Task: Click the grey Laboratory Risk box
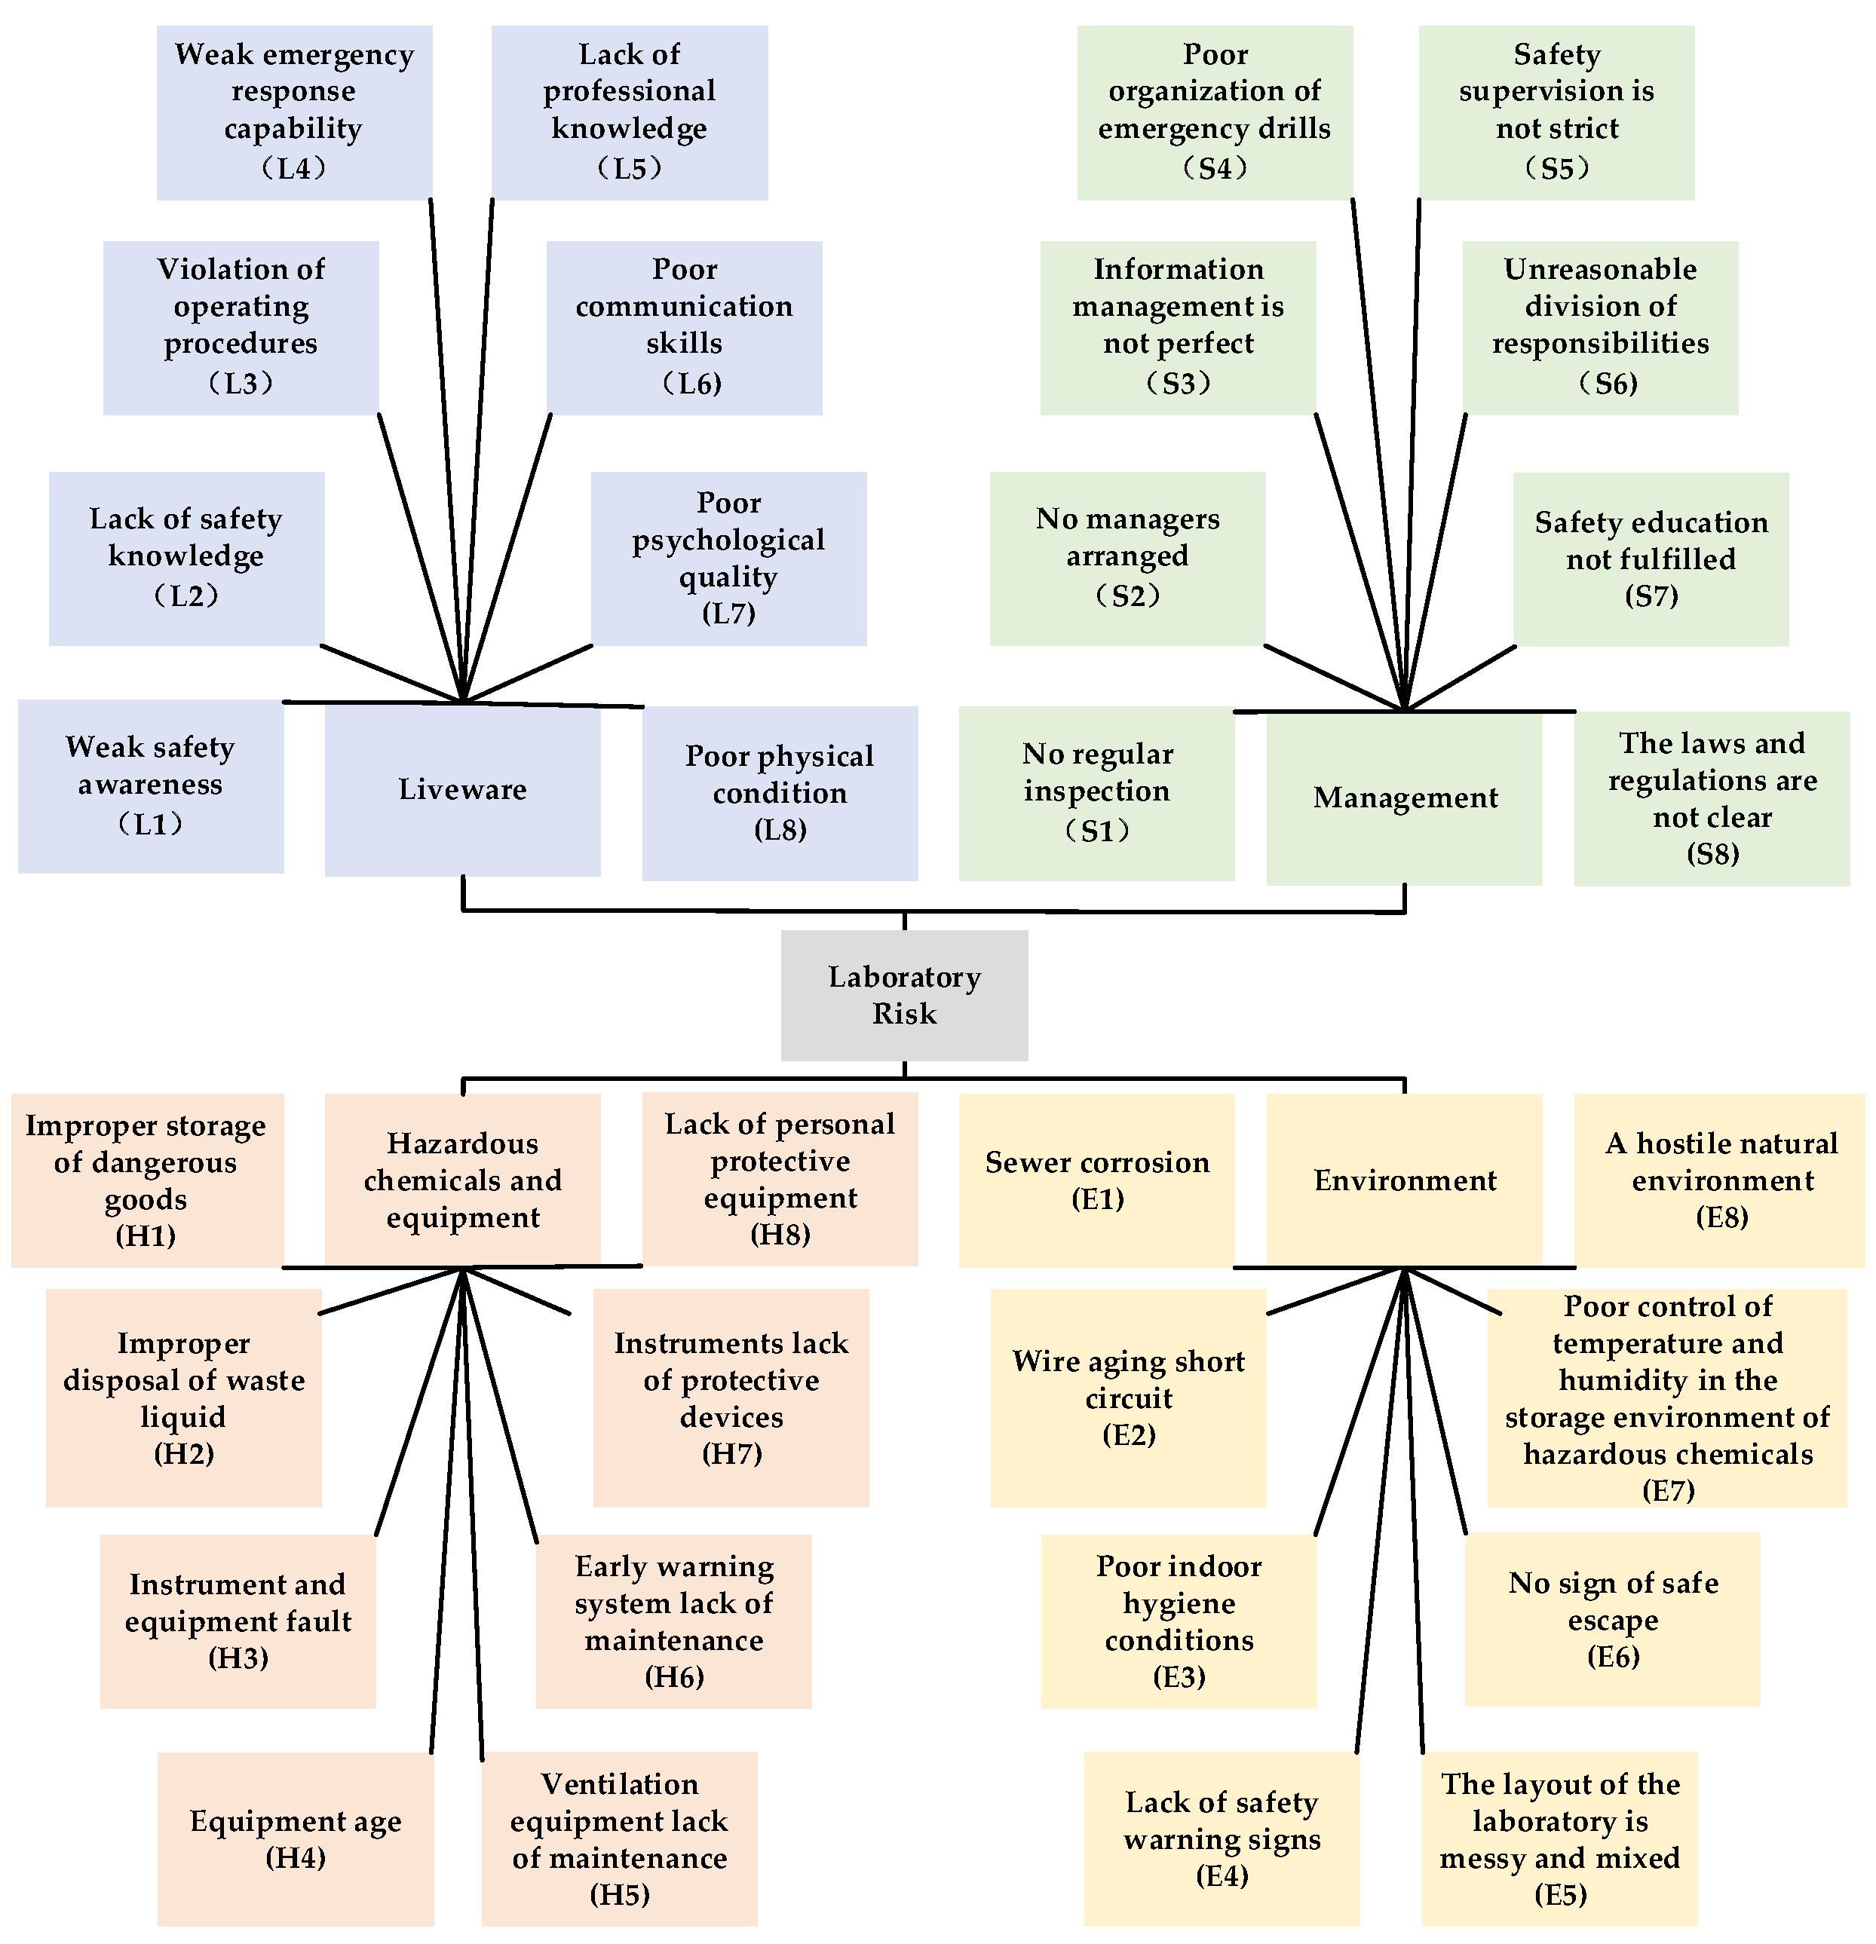click(904, 995)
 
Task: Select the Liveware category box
click(462, 791)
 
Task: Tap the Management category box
click(1404, 797)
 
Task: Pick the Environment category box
click(1404, 1180)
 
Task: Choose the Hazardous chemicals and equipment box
click(462, 1180)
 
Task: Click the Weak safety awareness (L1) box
click(151, 785)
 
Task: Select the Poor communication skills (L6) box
click(684, 327)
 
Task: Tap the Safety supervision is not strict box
click(1556, 112)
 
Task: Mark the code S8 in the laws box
click(1712, 854)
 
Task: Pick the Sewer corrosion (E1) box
click(1096, 1180)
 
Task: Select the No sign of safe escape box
click(1612, 1618)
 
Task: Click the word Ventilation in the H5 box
click(619, 1784)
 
